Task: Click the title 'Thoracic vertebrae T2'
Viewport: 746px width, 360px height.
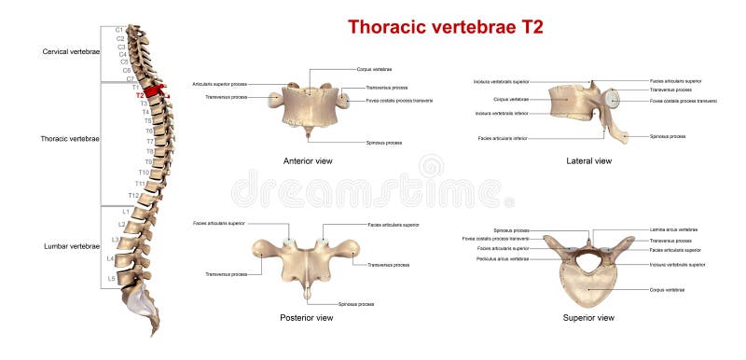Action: coord(445,26)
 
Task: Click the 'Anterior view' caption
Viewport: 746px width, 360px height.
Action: coord(308,161)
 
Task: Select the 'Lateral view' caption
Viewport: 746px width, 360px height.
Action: coord(589,161)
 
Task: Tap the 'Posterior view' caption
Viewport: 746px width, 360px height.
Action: coord(307,318)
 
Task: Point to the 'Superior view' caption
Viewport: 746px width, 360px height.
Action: coord(588,318)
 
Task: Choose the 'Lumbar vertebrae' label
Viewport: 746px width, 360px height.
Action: coord(72,245)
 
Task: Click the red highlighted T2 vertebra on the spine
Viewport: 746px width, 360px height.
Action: coord(156,93)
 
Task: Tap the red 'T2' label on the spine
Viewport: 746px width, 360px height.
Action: coord(140,95)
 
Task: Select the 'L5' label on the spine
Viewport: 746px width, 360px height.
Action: coord(112,278)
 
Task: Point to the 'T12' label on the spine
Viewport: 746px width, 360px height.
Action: coord(132,195)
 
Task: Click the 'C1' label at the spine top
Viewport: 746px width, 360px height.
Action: coord(119,30)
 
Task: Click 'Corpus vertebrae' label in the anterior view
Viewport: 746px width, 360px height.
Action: coord(374,69)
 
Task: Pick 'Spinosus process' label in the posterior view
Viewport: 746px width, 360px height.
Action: coord(356,304)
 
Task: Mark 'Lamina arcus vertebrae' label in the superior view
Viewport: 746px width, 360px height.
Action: coord(673,229)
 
